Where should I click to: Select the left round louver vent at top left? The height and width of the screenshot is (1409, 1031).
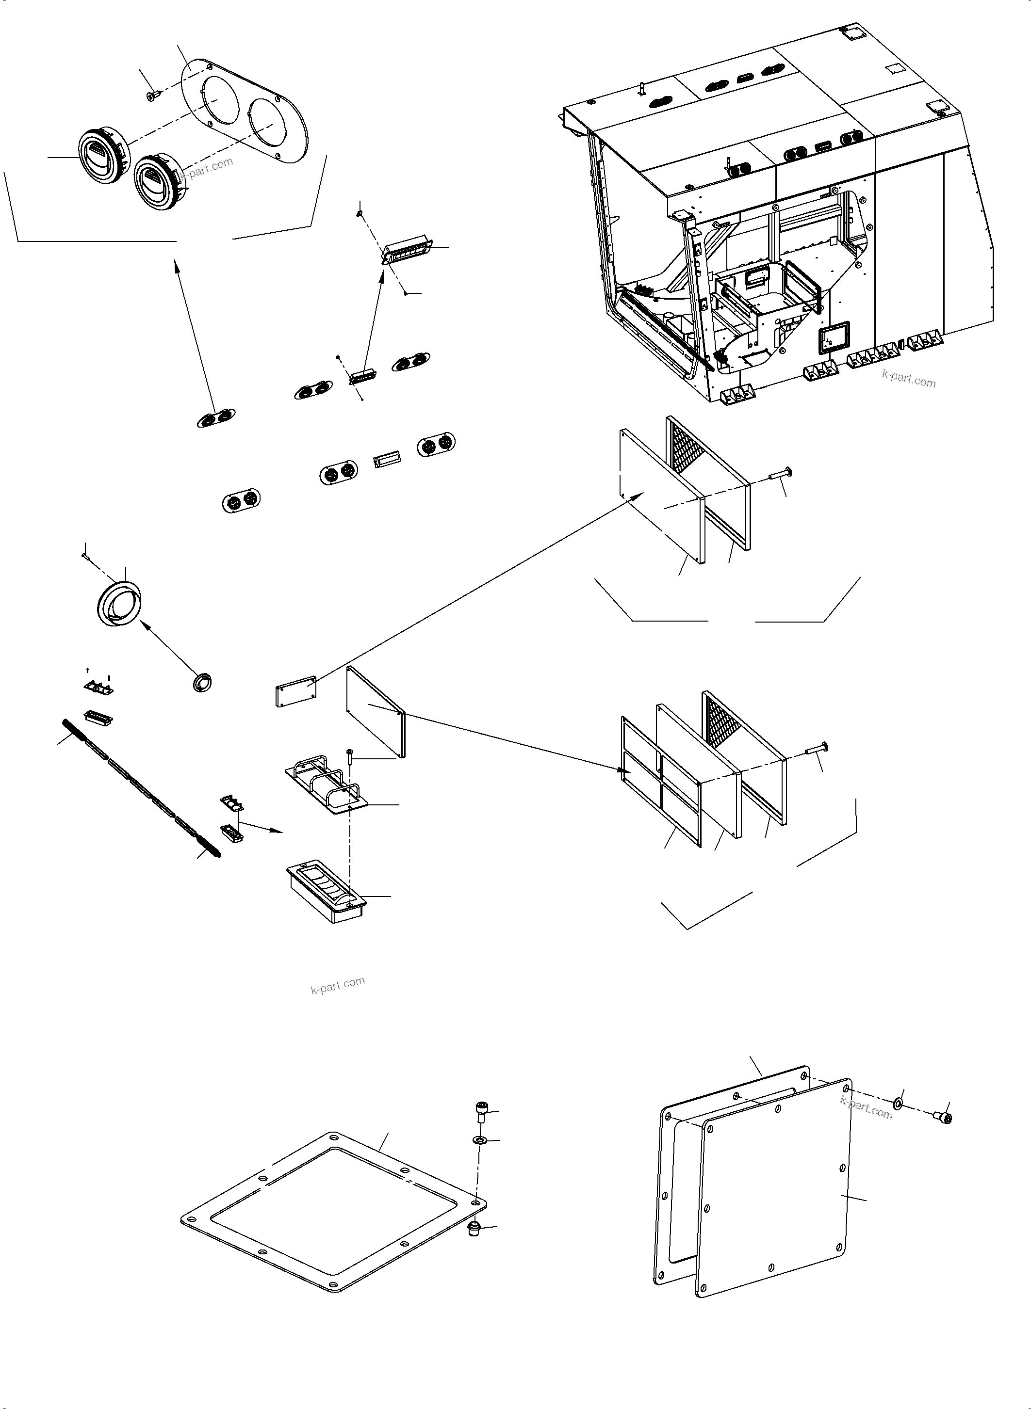pyautogui.click(x=102, y=157)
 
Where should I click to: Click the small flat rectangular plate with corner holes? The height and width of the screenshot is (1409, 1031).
pyautogui.click(x=296, y=692)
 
